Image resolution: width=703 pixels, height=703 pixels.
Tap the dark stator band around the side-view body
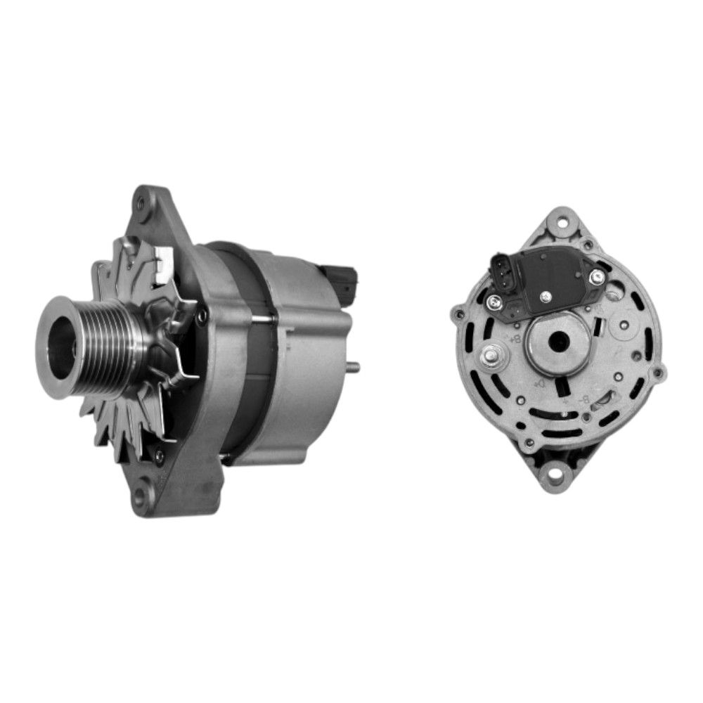pos(243,351)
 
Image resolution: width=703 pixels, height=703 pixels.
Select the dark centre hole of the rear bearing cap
pos(560,343)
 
